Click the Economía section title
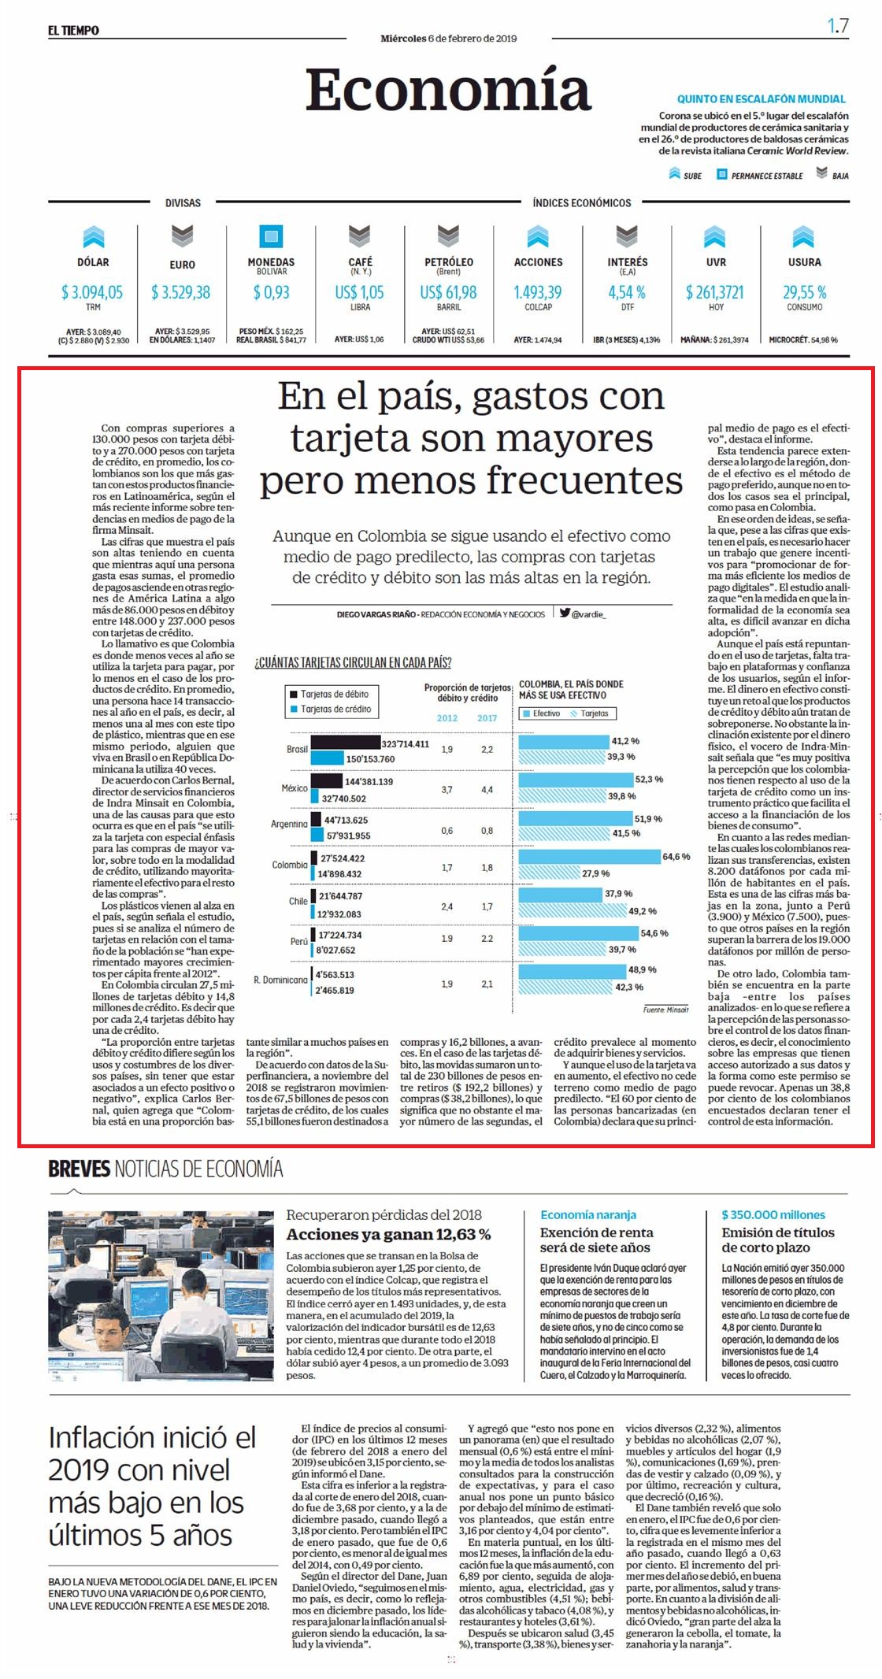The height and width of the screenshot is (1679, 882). point(448,90)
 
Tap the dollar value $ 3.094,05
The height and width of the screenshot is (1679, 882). point(92,292)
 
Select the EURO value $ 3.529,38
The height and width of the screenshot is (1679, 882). point(181,292)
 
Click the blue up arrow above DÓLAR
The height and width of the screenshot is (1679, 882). point(93,236)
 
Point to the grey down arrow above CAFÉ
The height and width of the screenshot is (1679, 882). point(360,236)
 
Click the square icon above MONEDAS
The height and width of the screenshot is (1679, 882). point(271,236)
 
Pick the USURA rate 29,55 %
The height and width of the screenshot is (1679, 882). point(804,292)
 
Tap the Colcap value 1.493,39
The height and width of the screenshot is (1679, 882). point(538,292)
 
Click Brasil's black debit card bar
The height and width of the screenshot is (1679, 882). point(346,743)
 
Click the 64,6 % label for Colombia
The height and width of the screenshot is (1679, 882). point(676,856)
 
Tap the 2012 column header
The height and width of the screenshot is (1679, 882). point(447,717)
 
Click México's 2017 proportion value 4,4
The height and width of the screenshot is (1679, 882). point(487,789)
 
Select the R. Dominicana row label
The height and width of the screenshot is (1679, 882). point(280,980)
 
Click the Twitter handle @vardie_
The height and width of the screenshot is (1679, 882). point(583,613)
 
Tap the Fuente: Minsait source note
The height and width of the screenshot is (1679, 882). point(665,1009)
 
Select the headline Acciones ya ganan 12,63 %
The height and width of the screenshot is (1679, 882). point(388,1234)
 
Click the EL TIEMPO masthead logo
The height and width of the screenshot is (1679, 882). point(73,30)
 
